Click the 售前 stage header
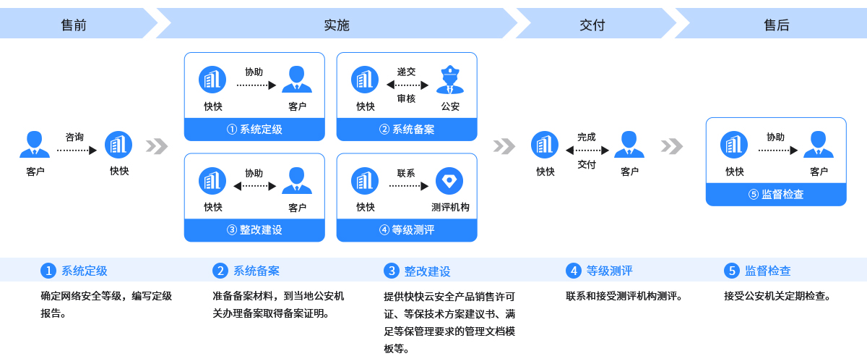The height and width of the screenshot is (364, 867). [74, 25]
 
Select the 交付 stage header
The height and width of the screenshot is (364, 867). [592, 25]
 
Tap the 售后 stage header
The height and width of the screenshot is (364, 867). [777, 25]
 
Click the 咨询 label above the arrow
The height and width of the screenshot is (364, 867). [74, 137]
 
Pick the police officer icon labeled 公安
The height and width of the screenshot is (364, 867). [450, 80]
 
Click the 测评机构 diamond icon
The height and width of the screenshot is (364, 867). [449, 181]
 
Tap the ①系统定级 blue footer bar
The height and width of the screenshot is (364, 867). [254, 130]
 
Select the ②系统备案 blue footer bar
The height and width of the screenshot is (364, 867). [407, 130]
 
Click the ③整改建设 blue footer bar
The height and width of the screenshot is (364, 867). [254, 230]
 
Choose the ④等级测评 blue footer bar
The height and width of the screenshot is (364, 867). [407, 230]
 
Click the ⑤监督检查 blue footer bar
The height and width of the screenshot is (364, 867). [776, 194]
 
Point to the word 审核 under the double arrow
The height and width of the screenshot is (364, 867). [406, 99]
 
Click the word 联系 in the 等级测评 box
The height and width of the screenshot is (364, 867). [406, 173]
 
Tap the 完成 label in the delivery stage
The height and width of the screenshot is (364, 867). [587, 137]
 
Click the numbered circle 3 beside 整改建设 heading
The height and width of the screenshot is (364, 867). [392, 271]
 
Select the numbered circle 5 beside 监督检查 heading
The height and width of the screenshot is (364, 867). [731, 271]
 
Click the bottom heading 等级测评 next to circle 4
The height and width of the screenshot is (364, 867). [609, 271]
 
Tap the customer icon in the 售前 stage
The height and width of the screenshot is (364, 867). [35, 144]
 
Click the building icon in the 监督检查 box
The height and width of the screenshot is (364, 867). [734, 145]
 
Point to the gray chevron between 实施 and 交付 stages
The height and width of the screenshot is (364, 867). [504, 146]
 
